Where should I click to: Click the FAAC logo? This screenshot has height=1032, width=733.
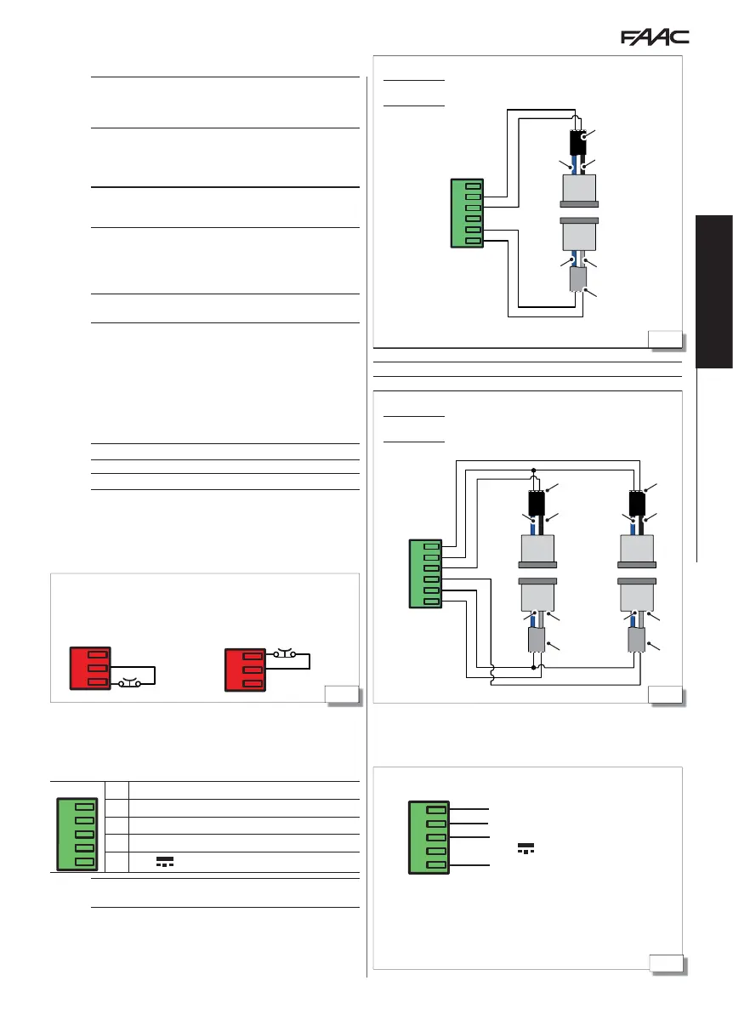654,38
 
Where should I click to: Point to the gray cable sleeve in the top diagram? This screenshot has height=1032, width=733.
578,278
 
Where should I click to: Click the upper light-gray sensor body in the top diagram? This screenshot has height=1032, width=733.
578,189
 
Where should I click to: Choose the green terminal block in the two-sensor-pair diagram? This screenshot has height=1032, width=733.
431,573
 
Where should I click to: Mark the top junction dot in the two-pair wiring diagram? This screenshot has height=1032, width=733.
533,470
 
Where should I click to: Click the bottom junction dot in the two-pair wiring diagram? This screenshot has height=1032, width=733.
533,668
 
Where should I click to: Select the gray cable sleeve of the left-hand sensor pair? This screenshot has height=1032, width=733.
536,640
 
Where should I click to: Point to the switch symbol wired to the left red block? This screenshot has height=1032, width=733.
131,682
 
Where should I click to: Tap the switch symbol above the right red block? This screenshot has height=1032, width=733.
284,654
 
